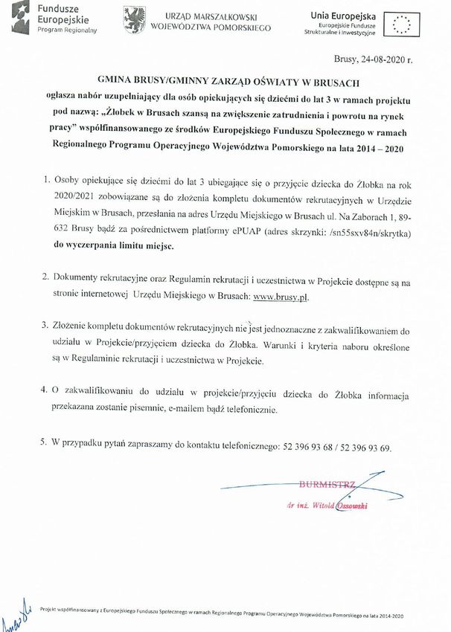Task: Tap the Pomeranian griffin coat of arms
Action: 134,20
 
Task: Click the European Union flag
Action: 403,23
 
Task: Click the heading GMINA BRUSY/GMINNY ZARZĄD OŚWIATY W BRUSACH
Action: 225,83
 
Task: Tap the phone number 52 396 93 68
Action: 306,448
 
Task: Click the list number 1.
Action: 46,179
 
